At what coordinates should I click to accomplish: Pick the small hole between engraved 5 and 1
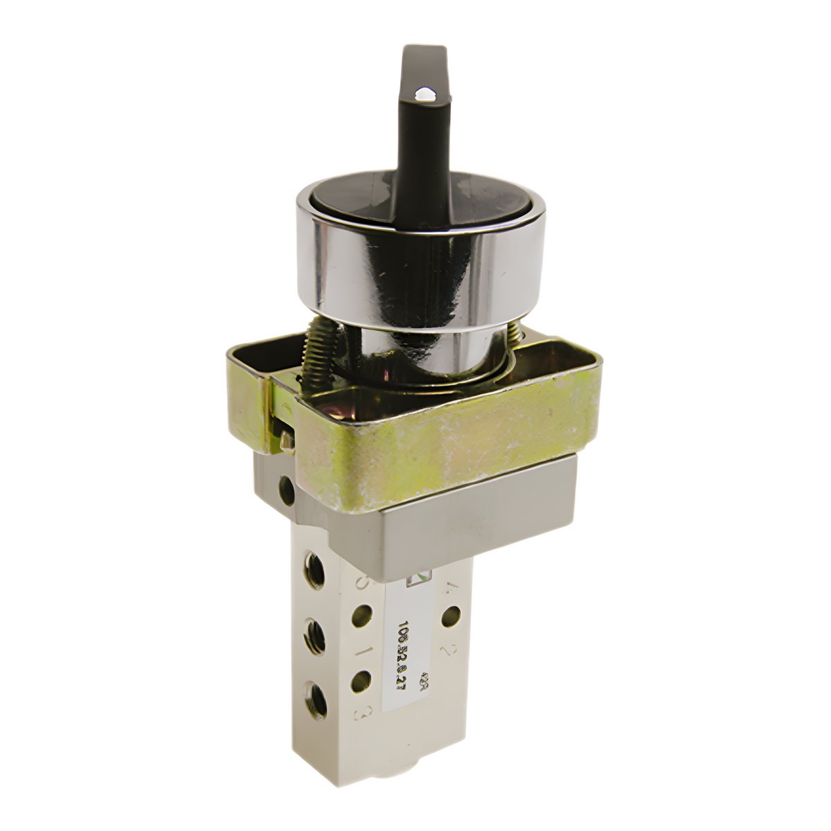pos(361,615)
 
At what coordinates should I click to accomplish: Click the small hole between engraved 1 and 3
pos(360,681)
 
